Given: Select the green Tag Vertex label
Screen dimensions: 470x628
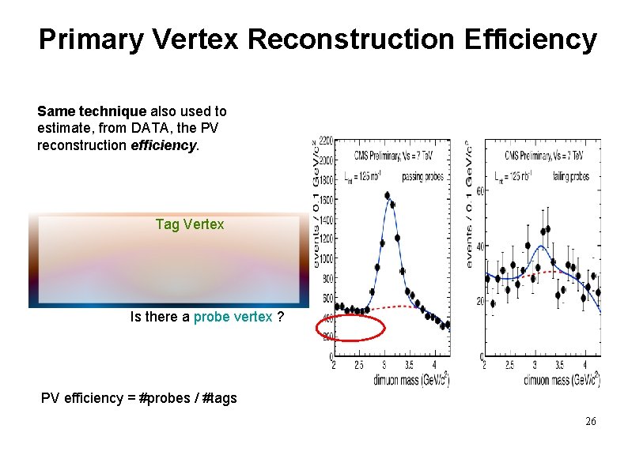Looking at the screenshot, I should coord(190,224).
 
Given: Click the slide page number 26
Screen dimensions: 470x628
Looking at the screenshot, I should coord(591,422).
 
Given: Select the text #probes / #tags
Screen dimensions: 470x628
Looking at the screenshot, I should coord(187,398).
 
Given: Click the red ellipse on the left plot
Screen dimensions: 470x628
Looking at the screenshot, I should coord(350,327).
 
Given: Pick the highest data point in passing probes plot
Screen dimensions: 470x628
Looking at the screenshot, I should coord(388,195).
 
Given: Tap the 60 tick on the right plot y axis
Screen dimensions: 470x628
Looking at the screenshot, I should coord(479,190).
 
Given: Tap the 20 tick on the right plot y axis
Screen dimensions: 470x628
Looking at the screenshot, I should coord(479,302).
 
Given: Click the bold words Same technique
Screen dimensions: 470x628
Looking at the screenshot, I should coord(86,111).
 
